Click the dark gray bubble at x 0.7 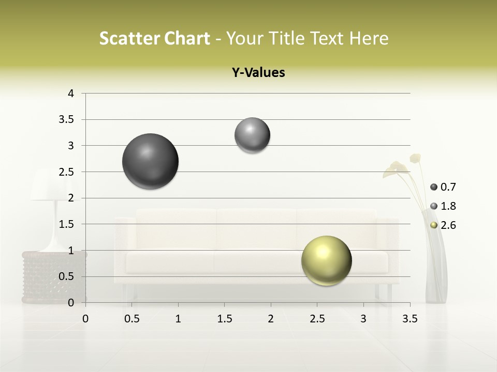point(150,161)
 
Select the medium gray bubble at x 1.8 point(252,135)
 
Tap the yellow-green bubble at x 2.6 point(326,260)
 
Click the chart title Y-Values point(258,73)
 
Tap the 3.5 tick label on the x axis point(410,319)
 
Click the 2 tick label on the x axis point(271,319)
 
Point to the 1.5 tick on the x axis point(224,319)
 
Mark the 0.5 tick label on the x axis point(132,319)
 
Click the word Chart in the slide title point(186,38)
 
